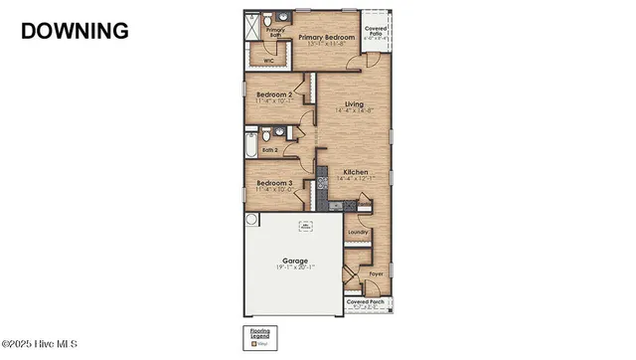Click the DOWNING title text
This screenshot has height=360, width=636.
pos(75,31)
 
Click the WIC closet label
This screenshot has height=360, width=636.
pos(268,62)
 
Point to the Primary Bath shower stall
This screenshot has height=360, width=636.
pos(254,26)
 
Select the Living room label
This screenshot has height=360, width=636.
pos(353,104)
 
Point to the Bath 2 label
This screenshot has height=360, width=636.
pos(269,151)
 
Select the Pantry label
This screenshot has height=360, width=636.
pos(364,203)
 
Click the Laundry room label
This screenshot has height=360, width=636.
pos(358,233)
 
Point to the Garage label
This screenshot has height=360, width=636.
pos(294,262)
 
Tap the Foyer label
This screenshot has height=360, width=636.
pos(376,272)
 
